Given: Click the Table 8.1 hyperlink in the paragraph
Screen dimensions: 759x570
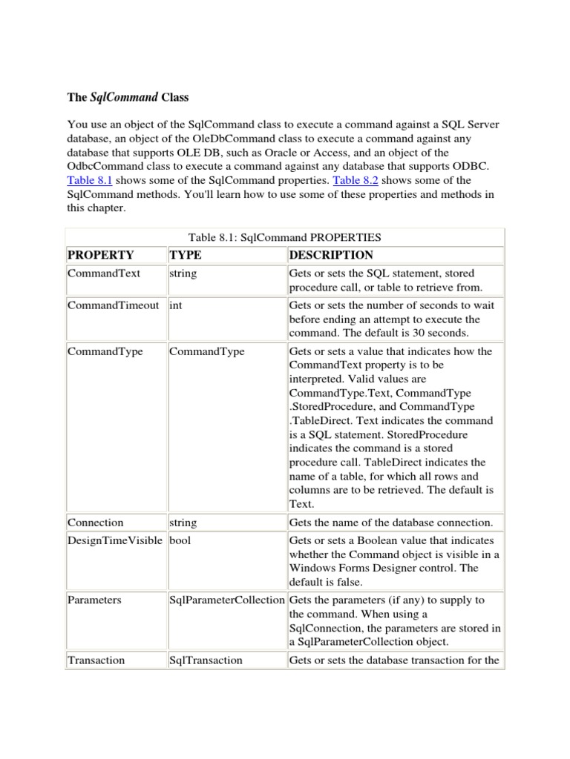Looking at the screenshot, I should (89, 181).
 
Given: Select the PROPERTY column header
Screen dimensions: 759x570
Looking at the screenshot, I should (101, 255).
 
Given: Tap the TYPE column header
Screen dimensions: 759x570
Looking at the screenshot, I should (186, 255).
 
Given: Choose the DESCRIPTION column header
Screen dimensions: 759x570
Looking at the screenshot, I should (331, 255).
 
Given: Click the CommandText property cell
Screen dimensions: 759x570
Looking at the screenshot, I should (104, 274).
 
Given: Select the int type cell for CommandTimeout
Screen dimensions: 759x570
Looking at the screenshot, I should (176, 305).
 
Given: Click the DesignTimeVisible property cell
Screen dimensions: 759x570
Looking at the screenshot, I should (114, 540).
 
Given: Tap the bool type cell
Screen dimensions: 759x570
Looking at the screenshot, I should (180, 540).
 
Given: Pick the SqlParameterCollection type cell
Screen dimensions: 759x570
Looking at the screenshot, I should (226, 600).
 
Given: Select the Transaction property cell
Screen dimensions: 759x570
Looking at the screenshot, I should (96, 660).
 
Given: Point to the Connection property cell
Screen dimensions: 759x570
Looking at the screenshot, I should (95, 523).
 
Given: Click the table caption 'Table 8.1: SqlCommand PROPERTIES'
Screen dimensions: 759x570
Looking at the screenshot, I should (285, 237).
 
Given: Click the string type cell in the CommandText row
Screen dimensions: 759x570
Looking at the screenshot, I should (183, 274).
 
